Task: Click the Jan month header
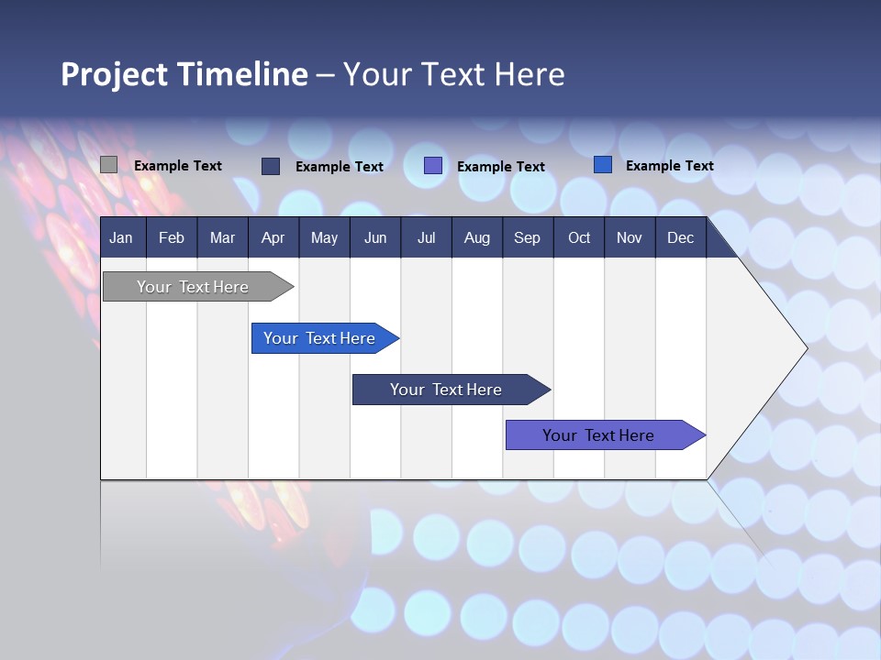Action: (121, 237)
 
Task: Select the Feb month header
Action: (172, 237)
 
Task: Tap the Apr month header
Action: (273, 237)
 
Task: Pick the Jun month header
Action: (375, 237)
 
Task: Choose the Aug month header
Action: (476, 237)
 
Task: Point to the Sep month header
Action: (527, 237)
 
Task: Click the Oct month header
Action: (579, 237)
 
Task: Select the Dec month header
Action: (680, 237)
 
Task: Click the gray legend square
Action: (108, 165)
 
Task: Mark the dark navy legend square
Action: (271, 166)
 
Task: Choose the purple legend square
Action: (433, 166)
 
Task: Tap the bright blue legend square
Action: (603, 165)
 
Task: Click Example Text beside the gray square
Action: (178, 166)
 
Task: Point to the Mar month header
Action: (222, 237)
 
